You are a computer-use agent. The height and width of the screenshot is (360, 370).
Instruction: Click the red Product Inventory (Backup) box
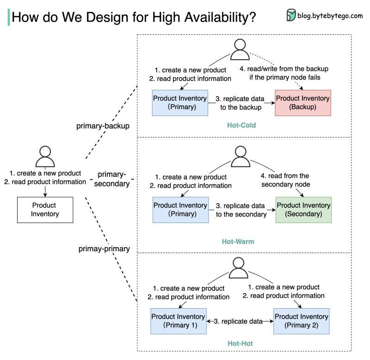pos(302,103)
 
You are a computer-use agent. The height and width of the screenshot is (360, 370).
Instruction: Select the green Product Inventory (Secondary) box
pos(303,210)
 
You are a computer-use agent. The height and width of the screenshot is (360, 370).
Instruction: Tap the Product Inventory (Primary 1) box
pos(179,321)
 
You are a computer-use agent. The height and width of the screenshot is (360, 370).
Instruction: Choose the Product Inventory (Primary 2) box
pos(301,321)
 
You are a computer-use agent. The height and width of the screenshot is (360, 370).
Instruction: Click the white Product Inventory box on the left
pos(44,210)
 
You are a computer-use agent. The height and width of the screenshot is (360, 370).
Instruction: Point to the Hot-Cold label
pos(241,125)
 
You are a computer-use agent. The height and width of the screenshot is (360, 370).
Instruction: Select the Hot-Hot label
pos(240,344)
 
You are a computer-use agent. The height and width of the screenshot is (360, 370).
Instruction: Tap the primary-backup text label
pos(103,126)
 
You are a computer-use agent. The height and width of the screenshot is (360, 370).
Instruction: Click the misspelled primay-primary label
pos(104,248)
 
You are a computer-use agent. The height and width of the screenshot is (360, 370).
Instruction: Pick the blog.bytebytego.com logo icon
pos(291,15)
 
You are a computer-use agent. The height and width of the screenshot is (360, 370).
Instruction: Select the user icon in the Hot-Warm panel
pos(240,156)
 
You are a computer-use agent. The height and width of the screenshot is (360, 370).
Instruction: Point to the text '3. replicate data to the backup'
pos(240,103)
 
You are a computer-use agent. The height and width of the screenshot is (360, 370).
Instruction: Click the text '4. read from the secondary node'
pos(285,180)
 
